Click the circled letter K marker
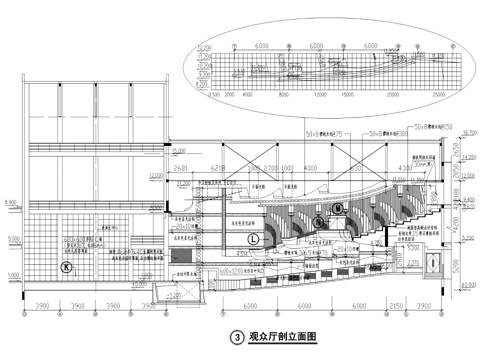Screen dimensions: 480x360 (66, 267)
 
